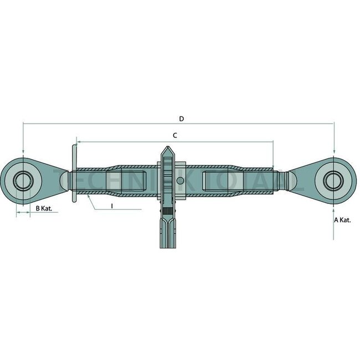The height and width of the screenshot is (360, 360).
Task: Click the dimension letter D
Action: tap(181, 119)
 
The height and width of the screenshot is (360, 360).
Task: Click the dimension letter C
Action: tap(174, 135)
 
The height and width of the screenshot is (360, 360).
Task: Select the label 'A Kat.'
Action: tap(342, 220)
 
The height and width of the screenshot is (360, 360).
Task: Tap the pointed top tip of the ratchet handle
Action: tap(167, 148)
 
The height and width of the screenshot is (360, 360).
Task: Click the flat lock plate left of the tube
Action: tap(73, 173)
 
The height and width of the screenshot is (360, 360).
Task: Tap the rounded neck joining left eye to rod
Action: tap(64, 181)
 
